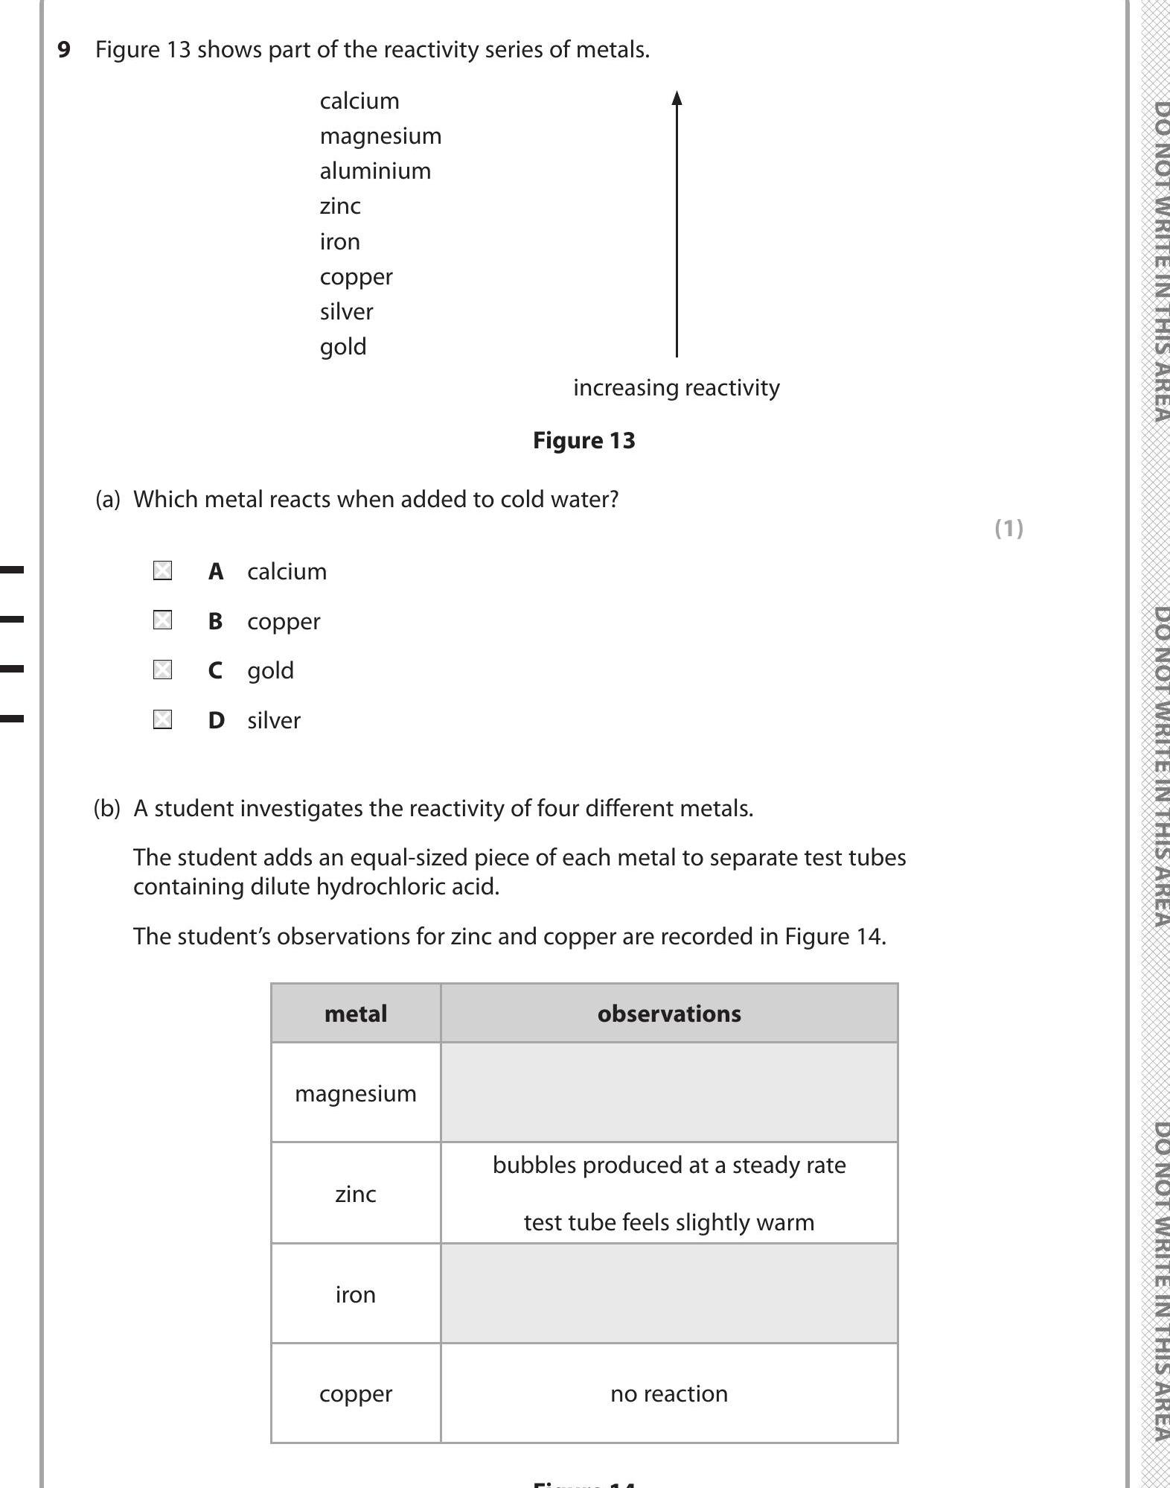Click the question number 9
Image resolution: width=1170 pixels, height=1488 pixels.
coord(64,50)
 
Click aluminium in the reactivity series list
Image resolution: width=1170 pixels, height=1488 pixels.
coord(375,171)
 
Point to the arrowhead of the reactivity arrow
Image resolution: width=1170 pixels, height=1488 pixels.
coord(677,98)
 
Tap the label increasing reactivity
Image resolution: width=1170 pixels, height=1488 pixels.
coord(676,388)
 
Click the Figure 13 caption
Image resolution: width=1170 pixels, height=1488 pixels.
coord(584,441)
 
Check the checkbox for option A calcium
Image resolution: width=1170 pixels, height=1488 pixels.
coord(162,571)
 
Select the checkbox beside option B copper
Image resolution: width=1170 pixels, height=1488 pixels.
coord(162,620)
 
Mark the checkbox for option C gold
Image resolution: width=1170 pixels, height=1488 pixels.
coord(162,670)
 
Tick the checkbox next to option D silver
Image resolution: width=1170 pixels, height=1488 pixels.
coord(162,719)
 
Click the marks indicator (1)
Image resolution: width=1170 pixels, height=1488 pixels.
coord(1008,529)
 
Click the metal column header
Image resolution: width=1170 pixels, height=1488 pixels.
coord(356,1014)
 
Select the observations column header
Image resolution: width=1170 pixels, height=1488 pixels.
coord(669,1014)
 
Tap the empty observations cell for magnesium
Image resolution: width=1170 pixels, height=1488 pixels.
coord(669,1093)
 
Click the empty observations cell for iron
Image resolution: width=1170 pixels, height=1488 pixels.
coord(669,1294)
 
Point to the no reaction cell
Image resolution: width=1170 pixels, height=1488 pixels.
coord(669,1393)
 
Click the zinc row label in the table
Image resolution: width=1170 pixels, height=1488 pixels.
coord(356,1194)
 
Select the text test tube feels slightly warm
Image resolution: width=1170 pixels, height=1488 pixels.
coord(669,1222)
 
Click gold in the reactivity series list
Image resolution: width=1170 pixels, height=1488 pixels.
coord(343,347)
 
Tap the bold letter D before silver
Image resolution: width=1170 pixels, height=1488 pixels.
coord(216,720)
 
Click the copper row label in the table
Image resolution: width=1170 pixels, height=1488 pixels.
coord(356,1393)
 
